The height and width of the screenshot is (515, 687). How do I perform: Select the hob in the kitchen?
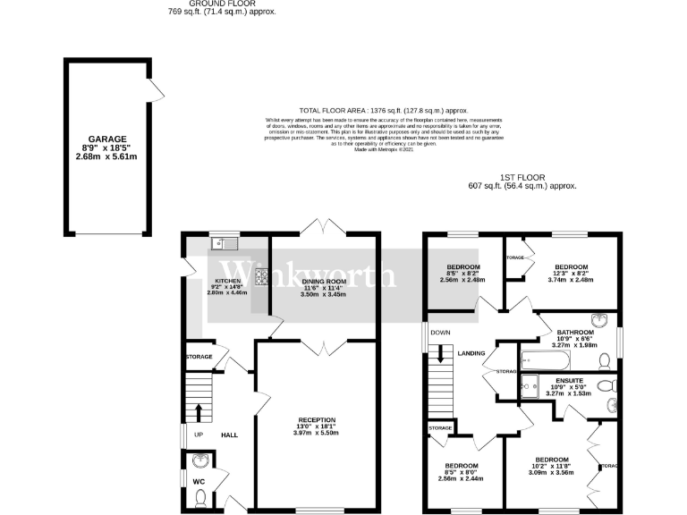click(262, 278)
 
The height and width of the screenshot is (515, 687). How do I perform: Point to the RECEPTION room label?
click(317, 419)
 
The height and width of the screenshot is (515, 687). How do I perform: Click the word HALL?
click(230, 435)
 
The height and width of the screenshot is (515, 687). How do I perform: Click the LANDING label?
click(471, 353)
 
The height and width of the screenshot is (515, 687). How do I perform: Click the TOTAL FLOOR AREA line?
click(394, 109)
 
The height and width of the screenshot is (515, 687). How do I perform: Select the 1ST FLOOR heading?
click(522, 177)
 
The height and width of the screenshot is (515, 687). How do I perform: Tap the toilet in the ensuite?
click(606, 386)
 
